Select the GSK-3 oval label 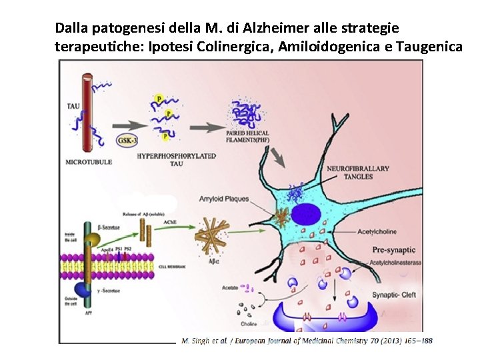pyautogui.click(x=127, y=140)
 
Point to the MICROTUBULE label pyautogui.click(x=89, y=162)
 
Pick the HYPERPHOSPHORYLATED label pyautogui.click(x=177, y=155)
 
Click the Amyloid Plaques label pyautogui.click(x=225, y=199)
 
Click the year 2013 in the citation pyautogui.click(x=389, y=341)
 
